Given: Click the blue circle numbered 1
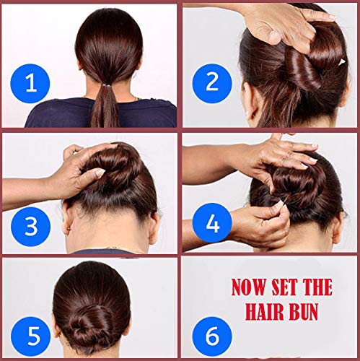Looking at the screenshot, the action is coord(30,84).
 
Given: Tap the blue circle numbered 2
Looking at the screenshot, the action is coord(212,82).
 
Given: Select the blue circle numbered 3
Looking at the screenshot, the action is coord(31,227).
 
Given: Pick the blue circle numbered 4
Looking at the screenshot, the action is coord(212,223).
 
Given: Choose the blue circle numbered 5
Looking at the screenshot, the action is coord(31,336).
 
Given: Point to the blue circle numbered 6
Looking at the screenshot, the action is coord(212,336).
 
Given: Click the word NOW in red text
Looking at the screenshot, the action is coord(249,287).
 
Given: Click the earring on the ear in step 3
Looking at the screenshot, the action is coord(69,228).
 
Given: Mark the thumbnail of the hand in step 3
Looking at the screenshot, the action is coord(100,173).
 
